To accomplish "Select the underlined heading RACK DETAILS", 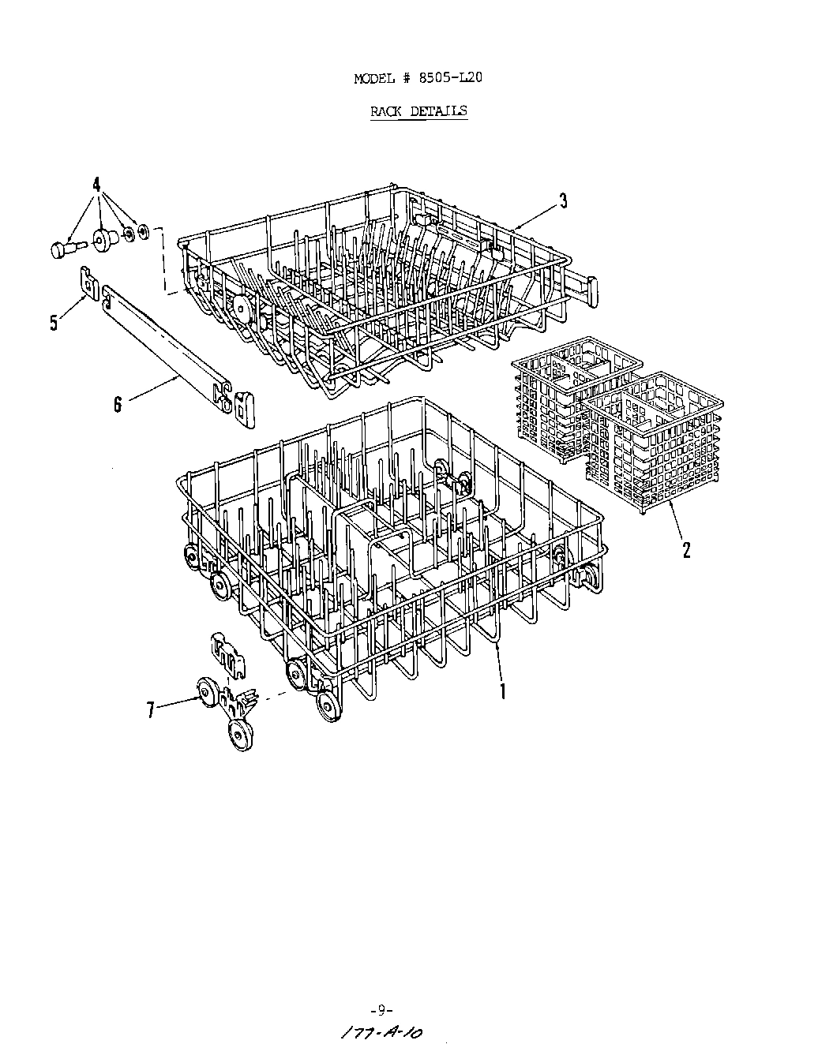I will click(x=418, y=110).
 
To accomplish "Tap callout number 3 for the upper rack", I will click(x=563, y=200).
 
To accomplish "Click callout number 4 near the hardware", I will click(x=96, y=185).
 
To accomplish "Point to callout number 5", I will click(x=54, y=322).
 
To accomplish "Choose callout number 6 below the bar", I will click(x=118, y=405).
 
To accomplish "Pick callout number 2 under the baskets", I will click(x=686, y=549).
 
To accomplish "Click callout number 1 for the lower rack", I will click(x=502, y=690).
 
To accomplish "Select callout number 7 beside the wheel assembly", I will click(x=150, y=709).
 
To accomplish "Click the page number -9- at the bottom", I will click(x=381, y=1009).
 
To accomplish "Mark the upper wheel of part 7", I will click(x=208, y=694).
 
